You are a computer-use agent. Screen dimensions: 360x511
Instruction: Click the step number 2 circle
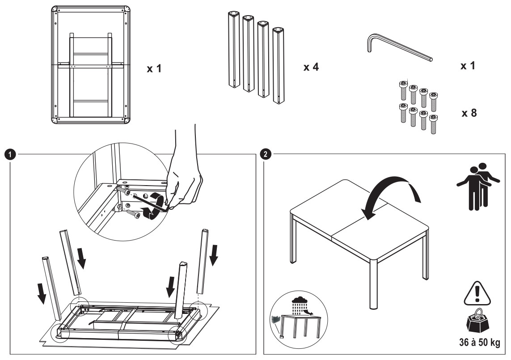tap(267, 155)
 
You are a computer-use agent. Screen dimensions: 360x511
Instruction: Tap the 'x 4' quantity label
tap(312, 67)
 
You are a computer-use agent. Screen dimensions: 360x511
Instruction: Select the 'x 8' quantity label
tap(469, 112)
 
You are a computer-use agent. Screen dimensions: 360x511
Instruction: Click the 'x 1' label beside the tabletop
tap(154, 69)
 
